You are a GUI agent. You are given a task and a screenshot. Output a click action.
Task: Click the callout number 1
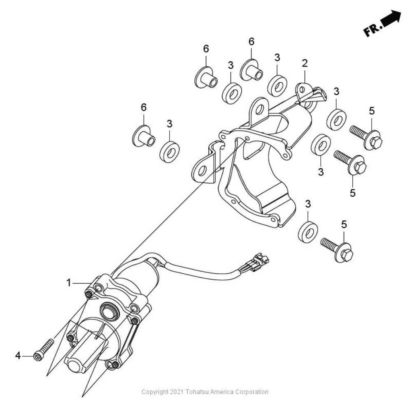pyautogui.click(x=68, y=283)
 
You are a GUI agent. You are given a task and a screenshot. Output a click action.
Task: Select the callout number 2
pyautogui.click(x=305, y=63)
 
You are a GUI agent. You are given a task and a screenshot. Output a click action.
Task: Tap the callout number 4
pyautogui.click(x=18, y=356)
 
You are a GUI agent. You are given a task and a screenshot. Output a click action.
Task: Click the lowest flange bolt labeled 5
pyautogui.click(x=337, y=249)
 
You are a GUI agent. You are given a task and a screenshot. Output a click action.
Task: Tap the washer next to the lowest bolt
pyautogui.click(x=308, y=232)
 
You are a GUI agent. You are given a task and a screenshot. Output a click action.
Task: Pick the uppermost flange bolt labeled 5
pyautogui.click(x=366, y=137)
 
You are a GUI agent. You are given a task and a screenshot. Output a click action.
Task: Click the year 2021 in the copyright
pyautogui.click(x=177, y=392)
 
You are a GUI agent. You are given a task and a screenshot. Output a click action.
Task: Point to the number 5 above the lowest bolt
pyautogui.click(x=344, y=224)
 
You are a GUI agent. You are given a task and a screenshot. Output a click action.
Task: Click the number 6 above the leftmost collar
pyautogui.click(x=144, y=107)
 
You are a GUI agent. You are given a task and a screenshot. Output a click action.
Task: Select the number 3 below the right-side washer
pyautogui.click(x=321, y=172)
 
